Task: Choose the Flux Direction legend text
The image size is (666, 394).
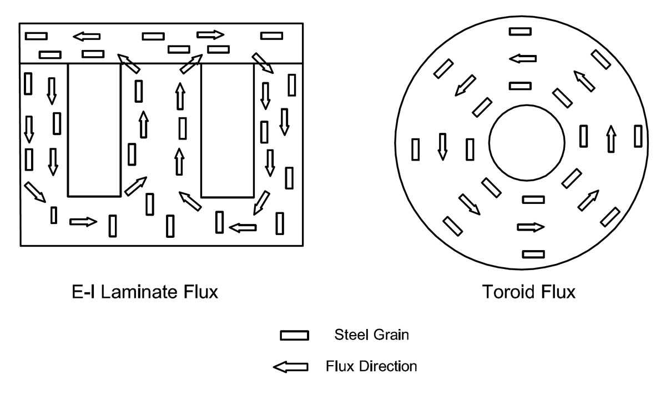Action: (x=371, y=366)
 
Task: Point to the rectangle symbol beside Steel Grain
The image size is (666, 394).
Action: (x=294, y=336)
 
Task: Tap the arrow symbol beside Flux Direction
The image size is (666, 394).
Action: (x=290, y=367)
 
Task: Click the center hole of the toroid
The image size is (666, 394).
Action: (x=527, y=143)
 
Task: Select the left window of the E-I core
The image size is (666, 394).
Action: (x=94, y=129)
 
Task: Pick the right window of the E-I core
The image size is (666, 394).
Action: (x=227, y=129)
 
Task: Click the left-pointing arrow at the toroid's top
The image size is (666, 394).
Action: (x=523, y=58)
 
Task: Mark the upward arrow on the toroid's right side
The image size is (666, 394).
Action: (x=611, y=138)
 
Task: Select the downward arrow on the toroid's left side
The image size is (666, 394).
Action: (x=442, y=147)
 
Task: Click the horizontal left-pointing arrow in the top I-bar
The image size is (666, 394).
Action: (x=87, y=37)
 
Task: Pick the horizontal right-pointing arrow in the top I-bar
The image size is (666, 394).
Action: (x=210, y=35)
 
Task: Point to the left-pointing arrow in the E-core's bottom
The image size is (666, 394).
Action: (x=243, y=227)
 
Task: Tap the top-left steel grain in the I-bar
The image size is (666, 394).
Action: (x=36, y=36)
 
